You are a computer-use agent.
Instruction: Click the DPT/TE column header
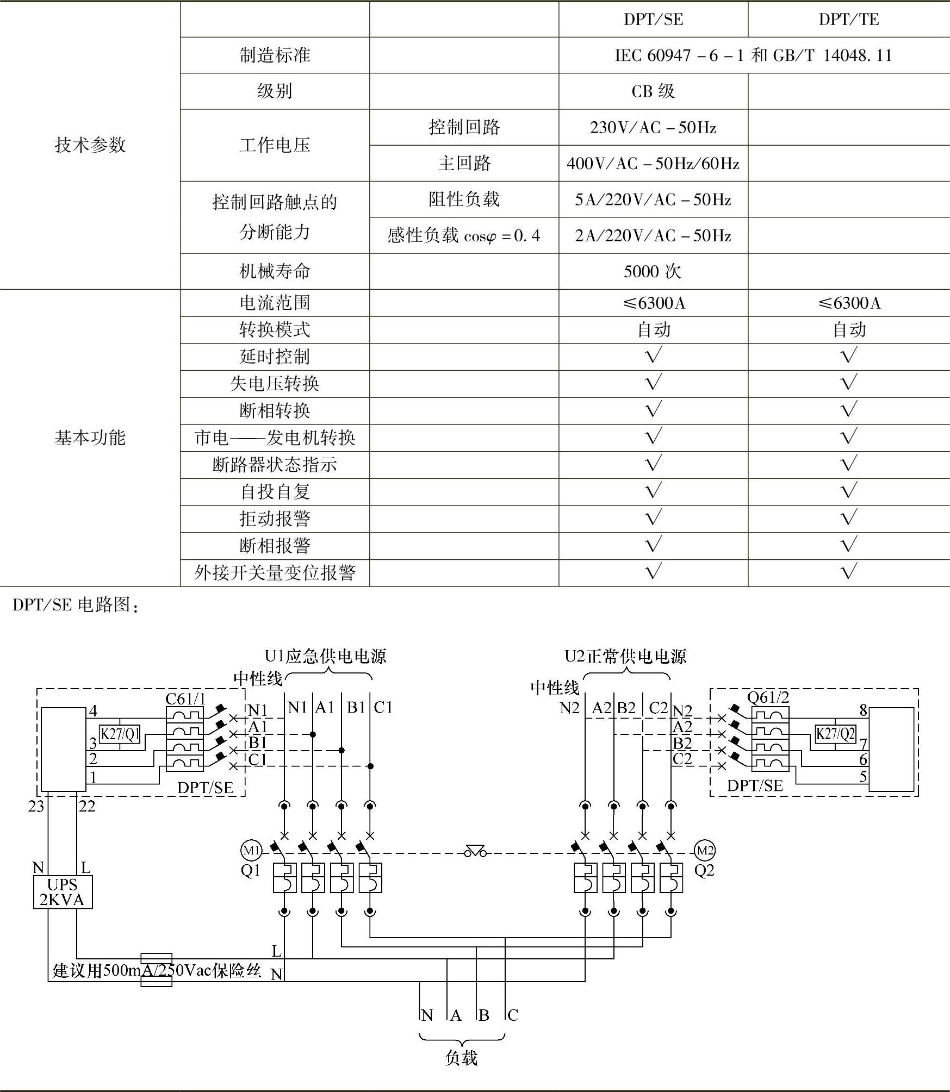pyautogui.click(x=848, y=20)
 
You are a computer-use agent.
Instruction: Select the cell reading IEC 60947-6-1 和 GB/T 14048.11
pyautogui.click(x=753, y=55)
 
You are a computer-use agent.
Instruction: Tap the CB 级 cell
pyautogui.click(x=653, y=91)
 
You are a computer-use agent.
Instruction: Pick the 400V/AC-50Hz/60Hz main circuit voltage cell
pyautogui.click(x=653, y=163)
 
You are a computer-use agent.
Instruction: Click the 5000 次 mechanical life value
pyautogui.click(x=653, y=271)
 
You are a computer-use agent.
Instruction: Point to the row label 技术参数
pyautogui.click(x=90, y=145)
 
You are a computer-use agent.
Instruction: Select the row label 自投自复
pyautogui.click(x=275, y=492)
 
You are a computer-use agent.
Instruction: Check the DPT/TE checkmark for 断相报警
pyautogui.click(x=848, y=545)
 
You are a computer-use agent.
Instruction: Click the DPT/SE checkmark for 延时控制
pyautogui.click(x=653, y=356)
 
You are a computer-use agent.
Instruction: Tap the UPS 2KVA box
pyautogui.click(x=63, y=892)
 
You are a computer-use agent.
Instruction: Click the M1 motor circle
pyautogui.click(x=251, y=851)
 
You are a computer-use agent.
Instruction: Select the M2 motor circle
pyautogui.click(x=705, y=851)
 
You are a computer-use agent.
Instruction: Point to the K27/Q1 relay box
pyautogui.click(x=120, y=734)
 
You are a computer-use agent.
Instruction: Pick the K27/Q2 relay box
pyautogui.click(x=836, y=734)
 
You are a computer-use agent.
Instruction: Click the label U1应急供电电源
pyautogui.click(x=325, y=657)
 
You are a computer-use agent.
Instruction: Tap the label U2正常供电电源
pyautogui.click(x=625, y=657)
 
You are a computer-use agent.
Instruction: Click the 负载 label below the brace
pyautogui.click(x=461, y=1058)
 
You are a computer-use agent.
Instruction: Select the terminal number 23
pyautogui.click(x=36, y=807)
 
